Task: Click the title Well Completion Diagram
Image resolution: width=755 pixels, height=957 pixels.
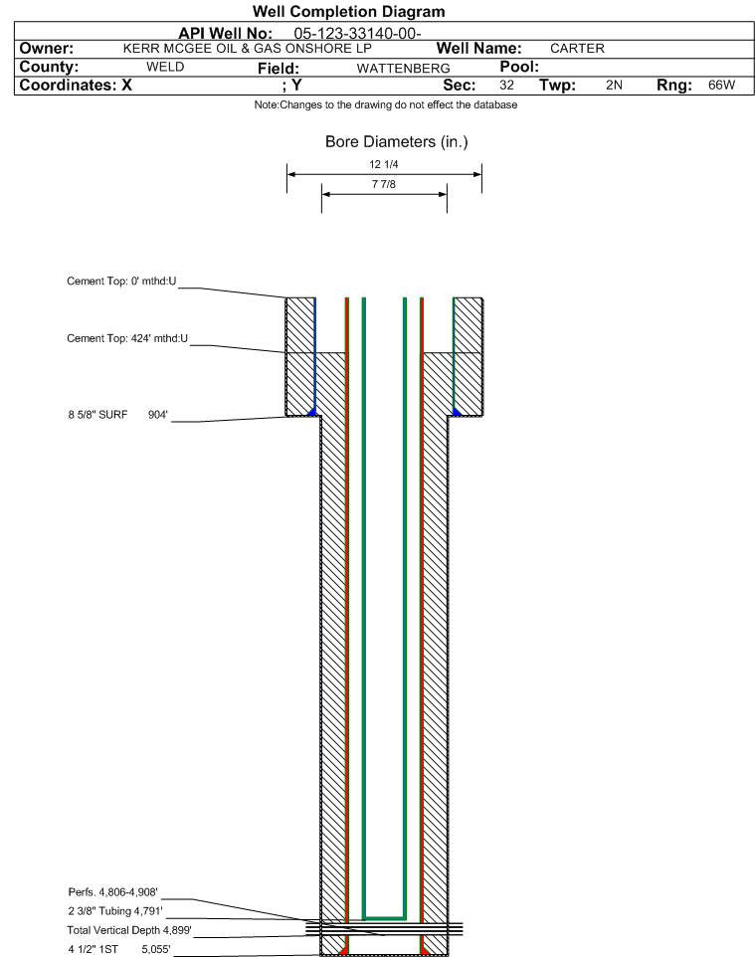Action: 348,12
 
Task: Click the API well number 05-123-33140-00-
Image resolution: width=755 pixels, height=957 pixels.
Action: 358,33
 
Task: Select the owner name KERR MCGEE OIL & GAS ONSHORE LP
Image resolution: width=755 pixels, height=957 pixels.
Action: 248,48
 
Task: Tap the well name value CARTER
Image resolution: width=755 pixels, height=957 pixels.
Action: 577,48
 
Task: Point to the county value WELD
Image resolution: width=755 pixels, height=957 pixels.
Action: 165,67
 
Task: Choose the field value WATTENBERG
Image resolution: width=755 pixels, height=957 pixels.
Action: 404,69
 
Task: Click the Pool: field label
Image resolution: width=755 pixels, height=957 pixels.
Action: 519,67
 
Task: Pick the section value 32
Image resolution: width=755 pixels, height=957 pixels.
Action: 506,85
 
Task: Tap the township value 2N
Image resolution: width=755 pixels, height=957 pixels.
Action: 614,85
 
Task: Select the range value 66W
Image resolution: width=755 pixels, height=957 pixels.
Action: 721,85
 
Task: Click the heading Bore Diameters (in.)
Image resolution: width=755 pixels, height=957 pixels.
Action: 397,141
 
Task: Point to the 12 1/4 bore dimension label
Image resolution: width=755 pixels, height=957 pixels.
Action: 384,164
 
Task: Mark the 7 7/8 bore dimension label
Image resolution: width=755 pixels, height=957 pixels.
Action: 384,184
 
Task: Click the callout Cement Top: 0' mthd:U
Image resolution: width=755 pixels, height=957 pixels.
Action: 121,281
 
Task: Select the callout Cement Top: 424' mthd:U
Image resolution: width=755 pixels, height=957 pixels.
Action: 127,338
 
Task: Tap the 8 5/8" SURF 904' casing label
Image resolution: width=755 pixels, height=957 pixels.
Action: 117,415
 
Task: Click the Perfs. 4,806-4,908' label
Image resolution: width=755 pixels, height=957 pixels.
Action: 113,892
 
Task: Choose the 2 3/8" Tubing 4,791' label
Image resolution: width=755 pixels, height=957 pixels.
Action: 115,911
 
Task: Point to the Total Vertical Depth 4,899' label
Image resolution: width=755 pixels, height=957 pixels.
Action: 129,930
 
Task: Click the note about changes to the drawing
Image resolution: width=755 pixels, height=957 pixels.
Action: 386,105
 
